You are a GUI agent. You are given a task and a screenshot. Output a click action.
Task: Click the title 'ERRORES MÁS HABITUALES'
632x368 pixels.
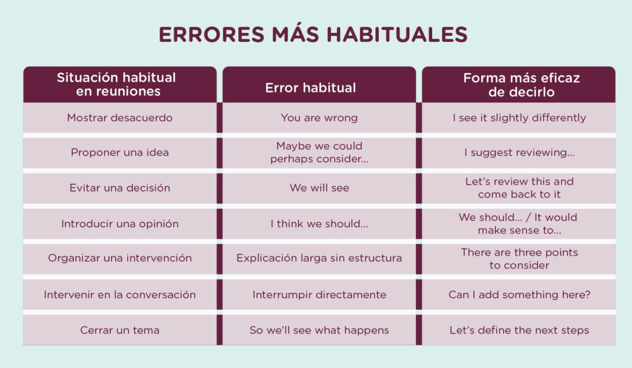pos(313,35)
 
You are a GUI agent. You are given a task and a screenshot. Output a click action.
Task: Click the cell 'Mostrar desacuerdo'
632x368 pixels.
pos(120,117)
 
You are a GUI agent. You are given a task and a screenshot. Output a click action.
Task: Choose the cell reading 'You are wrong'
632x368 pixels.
pos(318,117)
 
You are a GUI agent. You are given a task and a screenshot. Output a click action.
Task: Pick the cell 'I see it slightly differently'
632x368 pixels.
pos(519,117)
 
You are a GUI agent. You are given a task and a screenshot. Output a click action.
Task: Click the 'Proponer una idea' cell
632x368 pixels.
pos(120,153)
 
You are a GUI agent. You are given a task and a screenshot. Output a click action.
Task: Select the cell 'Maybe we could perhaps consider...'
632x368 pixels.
pos(319,153)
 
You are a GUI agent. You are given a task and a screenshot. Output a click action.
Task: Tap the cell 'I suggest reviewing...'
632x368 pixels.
pos(519,153)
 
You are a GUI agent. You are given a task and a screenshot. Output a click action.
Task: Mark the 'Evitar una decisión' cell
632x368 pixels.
pos(120,188)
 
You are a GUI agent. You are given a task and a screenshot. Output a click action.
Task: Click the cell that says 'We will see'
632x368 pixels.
pos(319,188)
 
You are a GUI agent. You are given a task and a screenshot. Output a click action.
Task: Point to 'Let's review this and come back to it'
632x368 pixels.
pos(519,188)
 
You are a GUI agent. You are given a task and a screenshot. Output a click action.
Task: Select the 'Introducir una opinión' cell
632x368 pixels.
pos(120,224)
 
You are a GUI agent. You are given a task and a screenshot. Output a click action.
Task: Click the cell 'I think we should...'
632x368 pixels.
pos(319,224)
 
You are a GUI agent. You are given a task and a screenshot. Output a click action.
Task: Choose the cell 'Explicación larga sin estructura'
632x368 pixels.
pos(319,258)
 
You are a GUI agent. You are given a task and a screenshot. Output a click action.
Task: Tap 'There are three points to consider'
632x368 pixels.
pos(519,259)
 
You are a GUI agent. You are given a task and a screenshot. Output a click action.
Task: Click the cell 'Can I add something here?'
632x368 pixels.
pos(519,295)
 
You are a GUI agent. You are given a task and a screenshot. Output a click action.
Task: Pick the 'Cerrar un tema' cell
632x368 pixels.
pos(120,330)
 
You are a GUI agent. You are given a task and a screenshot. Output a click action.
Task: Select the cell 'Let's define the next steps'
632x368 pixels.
pos(519,330)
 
